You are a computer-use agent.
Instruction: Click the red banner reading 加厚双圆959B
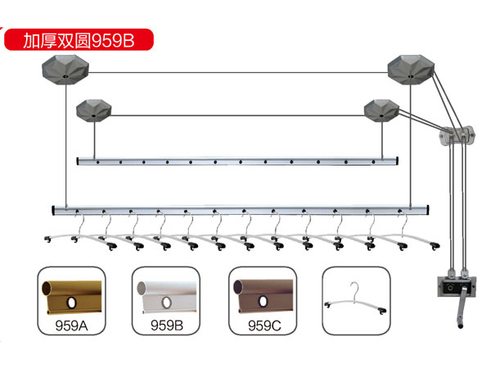[79, 39]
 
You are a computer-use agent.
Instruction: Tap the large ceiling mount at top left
[65, 70]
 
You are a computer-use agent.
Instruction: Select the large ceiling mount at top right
[411, 70]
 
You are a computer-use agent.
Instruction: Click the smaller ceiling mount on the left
[93, 111]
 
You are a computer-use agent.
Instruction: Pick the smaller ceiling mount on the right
[381, 111]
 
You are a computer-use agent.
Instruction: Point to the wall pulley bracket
[457, 135]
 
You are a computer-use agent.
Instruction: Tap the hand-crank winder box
[457, 286]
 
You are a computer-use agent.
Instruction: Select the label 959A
[71, 326]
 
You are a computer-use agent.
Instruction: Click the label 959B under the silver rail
[167, 326]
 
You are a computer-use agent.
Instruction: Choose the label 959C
[264, 326]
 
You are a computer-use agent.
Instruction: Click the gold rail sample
[72, 297]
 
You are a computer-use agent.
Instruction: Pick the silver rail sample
[167, 297]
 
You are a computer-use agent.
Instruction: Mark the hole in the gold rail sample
[72, 303]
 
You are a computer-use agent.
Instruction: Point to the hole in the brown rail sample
[263, 302]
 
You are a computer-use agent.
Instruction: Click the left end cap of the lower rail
[53, 210]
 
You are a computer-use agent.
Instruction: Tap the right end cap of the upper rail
[397, 161]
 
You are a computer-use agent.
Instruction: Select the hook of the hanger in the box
[354, 289]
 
